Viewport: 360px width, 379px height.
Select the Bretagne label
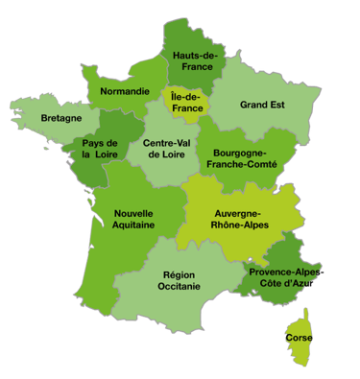60,119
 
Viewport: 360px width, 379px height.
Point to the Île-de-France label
186,103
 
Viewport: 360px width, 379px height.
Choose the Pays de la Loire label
99,148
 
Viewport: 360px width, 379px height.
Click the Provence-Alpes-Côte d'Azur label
287,278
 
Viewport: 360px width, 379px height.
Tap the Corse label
298,339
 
